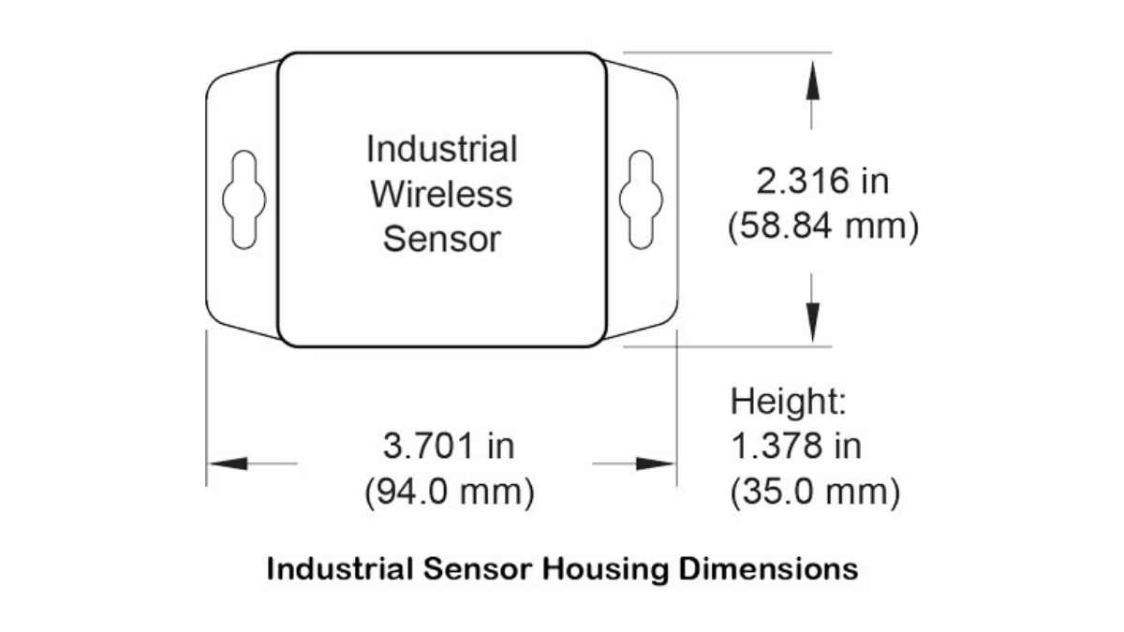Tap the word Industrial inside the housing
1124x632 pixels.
[x=441, y=149]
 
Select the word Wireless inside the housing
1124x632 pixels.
[x=441, y=194]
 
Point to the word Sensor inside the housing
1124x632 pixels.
[x=441, y=239]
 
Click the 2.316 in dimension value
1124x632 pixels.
[x=822, y=181]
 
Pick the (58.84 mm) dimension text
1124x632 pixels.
[x=823, y=227]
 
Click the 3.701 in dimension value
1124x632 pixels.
[x=449, y=446]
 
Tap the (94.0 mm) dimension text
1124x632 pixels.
[x=450, y=492]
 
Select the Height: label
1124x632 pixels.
[x=789, y=402]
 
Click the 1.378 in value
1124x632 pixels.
[x=796, y=446]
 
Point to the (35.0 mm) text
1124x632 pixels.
[x=816, y=492]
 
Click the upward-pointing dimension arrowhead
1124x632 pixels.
[x=812, y=80]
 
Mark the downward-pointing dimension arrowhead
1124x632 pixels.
[x=812, y=323]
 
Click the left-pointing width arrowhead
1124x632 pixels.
[x=228, y=463]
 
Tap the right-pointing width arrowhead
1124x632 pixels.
[x=656, y=463]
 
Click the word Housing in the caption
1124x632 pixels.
[x=605, y=570]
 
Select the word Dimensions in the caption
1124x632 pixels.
[x=768, y=569]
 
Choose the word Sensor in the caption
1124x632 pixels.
[x=477, y=569]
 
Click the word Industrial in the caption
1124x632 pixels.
[x=340, y=569]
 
